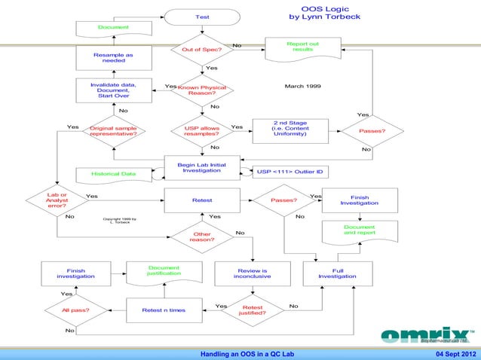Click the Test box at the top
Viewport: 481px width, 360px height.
202,17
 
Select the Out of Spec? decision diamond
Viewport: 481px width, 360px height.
202,50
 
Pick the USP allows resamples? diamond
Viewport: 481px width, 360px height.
202,132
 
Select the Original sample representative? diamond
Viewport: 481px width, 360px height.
113,132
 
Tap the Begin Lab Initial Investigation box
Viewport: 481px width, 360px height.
202,167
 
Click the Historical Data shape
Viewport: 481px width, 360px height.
113,174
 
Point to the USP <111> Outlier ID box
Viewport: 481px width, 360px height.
290,172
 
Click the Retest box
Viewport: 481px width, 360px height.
202,201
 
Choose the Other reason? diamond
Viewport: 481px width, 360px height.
202,237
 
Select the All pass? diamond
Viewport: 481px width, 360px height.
75,310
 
